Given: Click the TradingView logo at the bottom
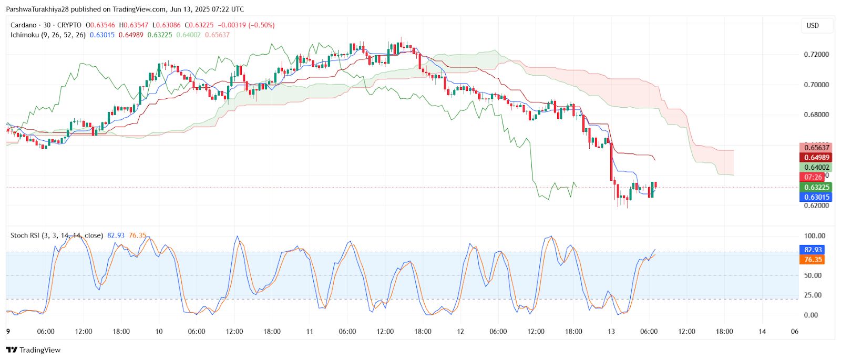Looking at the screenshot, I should (x=34, y=350).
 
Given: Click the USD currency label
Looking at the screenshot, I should (x=813, y=26).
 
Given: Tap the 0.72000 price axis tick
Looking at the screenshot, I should (x=816, y=55).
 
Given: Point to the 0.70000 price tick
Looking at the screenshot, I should (x=816, y=85).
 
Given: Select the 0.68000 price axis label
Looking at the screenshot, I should (x=816, y=115).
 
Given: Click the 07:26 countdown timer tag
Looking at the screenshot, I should (x=813, y=178).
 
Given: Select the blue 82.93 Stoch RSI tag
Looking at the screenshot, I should (x=813, y=250).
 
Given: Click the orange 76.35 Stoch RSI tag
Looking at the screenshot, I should (x=813, y=260).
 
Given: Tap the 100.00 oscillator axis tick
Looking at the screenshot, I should (x=814, y=236).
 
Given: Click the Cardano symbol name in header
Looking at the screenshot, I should (x=24, y=25).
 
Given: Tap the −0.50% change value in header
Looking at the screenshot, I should (x=262, y=25).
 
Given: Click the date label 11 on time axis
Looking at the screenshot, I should (x=310, y=332).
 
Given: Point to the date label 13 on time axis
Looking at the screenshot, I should (x=611, y=332).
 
